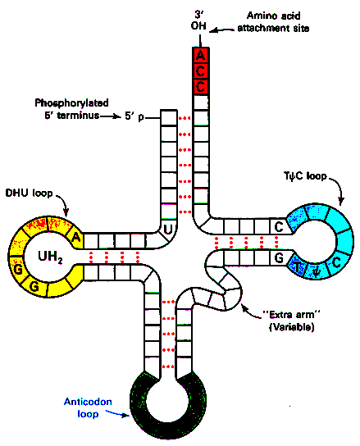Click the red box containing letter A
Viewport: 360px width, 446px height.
tap(200, 55)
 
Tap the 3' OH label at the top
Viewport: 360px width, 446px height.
tap(198, 20)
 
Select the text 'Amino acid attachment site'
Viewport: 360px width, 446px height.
tap(274, 22)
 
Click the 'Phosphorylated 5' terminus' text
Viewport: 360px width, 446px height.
tap(71, 109)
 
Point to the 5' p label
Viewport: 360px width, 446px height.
tap(134, 116)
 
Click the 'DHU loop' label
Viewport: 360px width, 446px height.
tap(30, 193)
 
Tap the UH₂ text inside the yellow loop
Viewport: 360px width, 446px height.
tap(50, 257)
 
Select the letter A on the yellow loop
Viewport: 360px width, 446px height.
tap(75, 237)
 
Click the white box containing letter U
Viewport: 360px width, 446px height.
tap(168, 229)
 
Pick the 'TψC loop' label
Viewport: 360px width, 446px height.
tap(305, 176)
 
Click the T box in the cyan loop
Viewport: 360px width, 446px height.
tap(298, 266)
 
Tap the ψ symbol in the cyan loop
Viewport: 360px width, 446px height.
tap(317, 271)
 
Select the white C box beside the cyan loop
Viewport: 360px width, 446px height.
tap(279, 227)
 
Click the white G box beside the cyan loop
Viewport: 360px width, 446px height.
tap(279, 257)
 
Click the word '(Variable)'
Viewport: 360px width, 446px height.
tap(291, 327)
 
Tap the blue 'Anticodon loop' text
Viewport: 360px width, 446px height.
tap(88, 407)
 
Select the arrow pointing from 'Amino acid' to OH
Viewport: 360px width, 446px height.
tap(223, 30)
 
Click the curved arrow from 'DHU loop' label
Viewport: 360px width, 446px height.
tap(63, 203)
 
